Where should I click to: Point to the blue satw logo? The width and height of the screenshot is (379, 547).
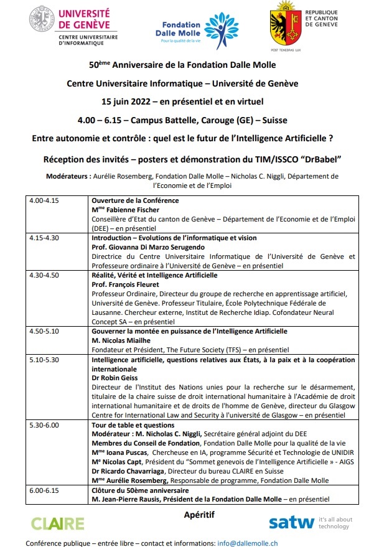(x=292, y=523)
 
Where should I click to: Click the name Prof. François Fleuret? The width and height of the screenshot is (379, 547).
(x=125, y=284)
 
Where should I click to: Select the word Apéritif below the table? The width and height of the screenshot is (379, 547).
(x=199, y=515)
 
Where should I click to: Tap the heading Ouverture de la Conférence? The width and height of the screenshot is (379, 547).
(x=135, y=201)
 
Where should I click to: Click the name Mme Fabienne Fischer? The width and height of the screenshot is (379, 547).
(x=122, y=210)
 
